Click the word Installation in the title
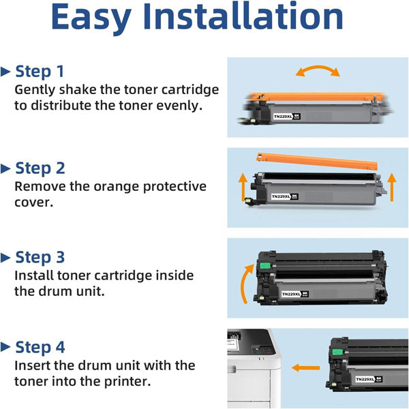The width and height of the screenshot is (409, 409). click(243, 16)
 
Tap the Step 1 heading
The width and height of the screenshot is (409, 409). click(40, 71)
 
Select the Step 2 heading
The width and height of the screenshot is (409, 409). click(40, 168)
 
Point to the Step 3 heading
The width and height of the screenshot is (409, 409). click(40, 257)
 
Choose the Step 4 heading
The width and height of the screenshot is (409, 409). click(40, 347)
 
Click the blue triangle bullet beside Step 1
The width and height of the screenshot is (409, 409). click(5, 72)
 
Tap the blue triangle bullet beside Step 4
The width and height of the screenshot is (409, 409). click(5, 347)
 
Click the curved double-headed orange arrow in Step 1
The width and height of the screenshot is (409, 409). click(318, 68)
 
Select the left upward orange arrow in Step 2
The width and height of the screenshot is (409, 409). click(243, 187)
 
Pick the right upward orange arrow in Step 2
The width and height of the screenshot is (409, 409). click(391, 187)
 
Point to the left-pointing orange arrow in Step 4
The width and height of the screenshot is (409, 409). click(305, 368)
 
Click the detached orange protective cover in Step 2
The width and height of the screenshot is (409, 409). click(317, 161)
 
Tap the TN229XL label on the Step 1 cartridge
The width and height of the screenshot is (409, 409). click(287, 117)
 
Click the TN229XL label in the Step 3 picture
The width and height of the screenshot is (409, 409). click(295, 294)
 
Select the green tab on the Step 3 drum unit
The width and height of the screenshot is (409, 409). click(264, 266)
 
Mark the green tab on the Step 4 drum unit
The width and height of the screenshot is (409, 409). click(337, 352)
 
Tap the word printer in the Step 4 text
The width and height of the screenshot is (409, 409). click(127, 382)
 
